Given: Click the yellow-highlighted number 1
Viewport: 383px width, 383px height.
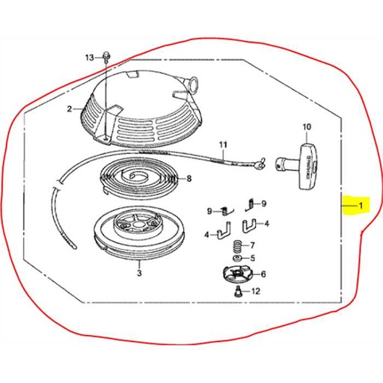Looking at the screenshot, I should pyautogui.click(x=360, y=206).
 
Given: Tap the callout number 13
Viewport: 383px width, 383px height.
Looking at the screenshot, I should pyautogui.click(x=90, y=58).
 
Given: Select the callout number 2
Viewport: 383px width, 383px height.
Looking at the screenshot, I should pyautogui.click(x=69, y=108).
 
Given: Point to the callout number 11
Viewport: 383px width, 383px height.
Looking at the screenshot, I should pyautogui.click(x=222, y=144).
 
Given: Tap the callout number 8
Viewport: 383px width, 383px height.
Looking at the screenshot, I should pyautogui.click(x=189, y=178).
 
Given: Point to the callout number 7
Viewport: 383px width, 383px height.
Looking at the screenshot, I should pyautogui.click(x=252, y=245).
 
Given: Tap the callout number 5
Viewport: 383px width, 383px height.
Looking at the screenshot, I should pyautogui.click(x=252, y=259).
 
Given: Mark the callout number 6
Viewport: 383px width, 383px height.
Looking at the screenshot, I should pyautogui.click(x=263, y=274).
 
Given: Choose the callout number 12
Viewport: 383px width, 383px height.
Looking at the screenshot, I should pyautogui.click(x=256, y=291).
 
